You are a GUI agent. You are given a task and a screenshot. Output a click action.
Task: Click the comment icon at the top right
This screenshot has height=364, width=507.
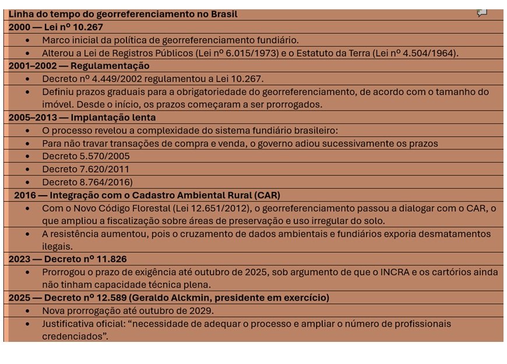[482, 13]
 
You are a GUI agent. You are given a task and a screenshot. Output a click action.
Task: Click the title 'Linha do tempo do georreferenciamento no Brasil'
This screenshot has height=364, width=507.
[123, 14]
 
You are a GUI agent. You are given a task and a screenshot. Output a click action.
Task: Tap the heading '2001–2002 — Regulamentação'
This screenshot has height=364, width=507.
[79, 66]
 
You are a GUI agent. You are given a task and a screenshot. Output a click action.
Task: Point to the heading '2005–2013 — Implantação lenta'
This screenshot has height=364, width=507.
[82, 117]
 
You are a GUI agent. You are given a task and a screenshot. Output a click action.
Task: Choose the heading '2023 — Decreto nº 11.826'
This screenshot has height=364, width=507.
[68, 259]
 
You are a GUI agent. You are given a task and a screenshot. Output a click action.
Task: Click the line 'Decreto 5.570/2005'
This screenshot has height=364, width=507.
[86, 156]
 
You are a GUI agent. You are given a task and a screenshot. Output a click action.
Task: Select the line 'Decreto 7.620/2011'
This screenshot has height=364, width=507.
[86, 169]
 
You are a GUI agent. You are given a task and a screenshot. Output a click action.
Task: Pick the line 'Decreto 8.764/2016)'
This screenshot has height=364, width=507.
[87, 182]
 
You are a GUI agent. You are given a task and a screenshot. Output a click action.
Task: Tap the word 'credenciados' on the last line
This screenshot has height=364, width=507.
[74, 336]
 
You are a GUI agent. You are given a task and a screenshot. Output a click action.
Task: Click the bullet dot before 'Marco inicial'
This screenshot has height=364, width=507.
[28, 40]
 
